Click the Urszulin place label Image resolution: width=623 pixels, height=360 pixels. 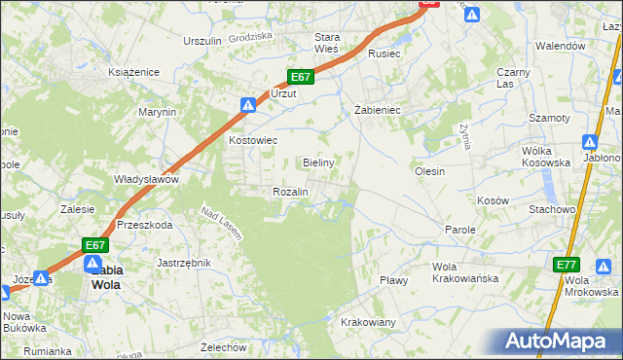(x=202, y=41)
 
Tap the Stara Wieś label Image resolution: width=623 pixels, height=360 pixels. (x=325, y=43)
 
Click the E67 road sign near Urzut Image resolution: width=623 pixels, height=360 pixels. (x=300, y=77)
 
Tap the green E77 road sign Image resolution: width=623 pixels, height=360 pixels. (x=567, y=265)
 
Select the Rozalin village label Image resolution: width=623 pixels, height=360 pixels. (x=290, y=192)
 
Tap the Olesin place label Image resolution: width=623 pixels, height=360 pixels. (x=429, y=171)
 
